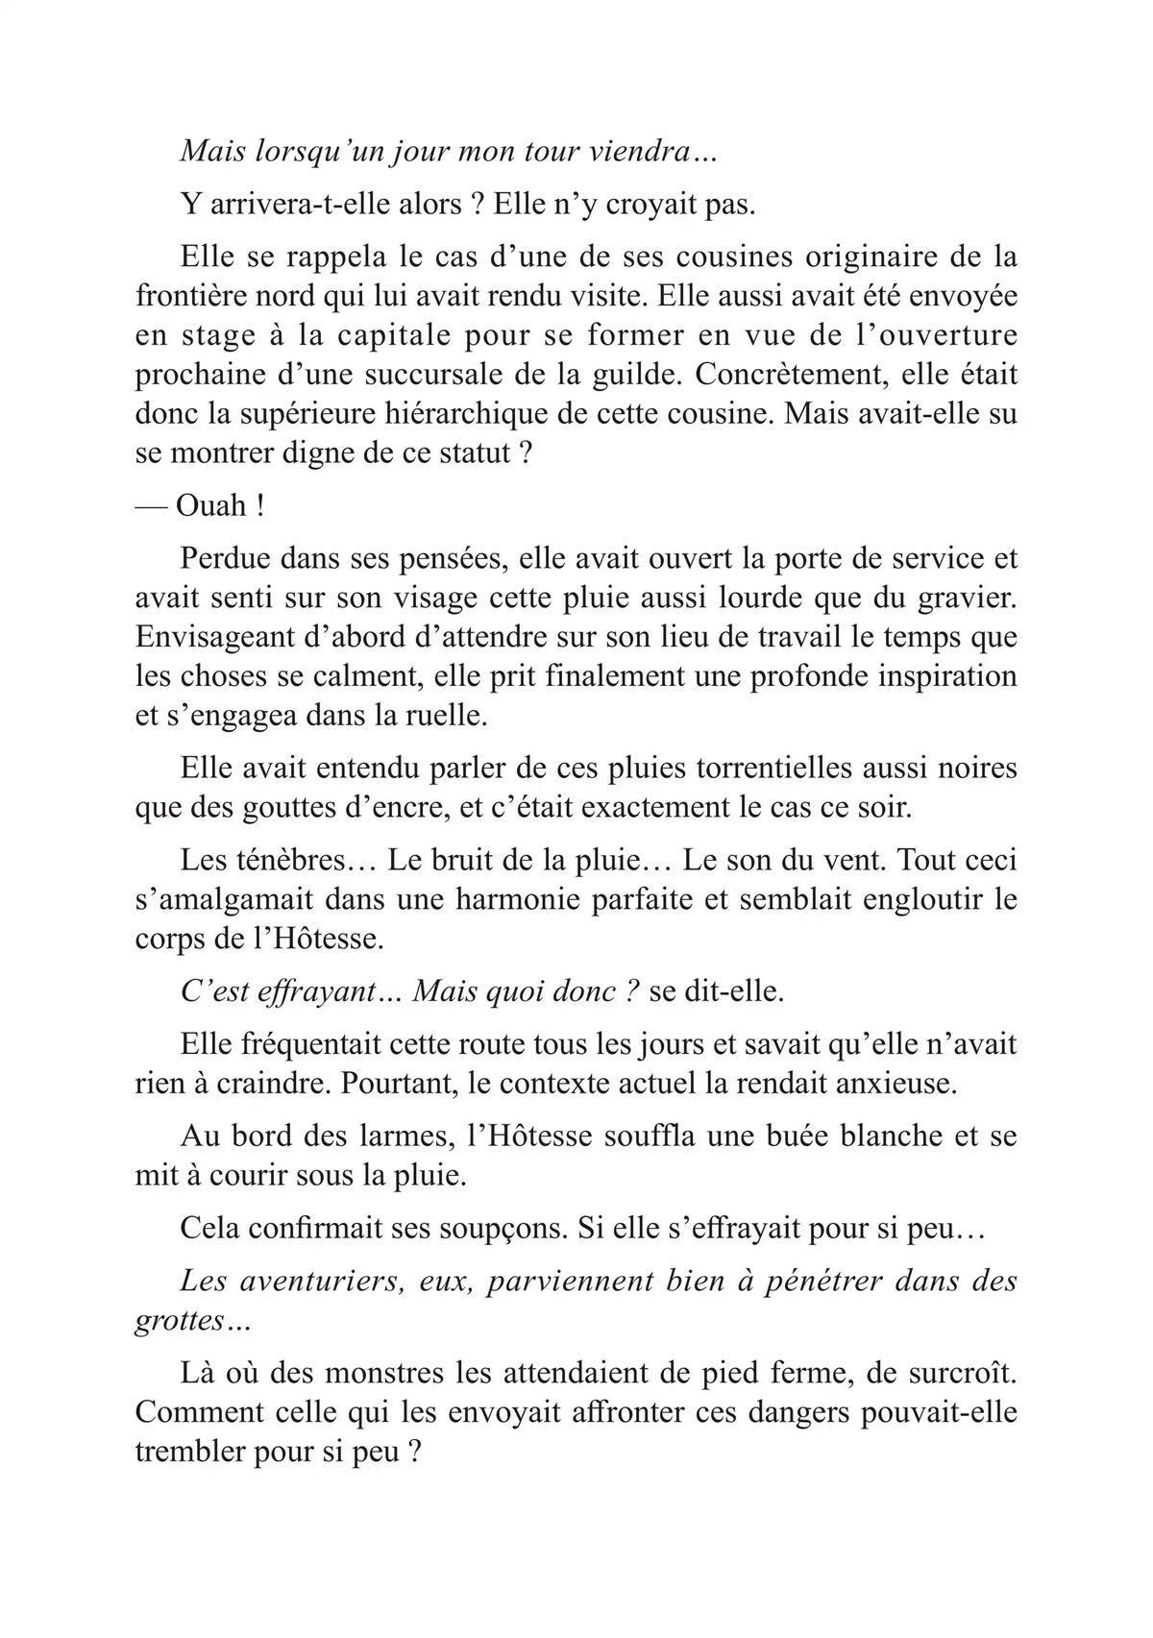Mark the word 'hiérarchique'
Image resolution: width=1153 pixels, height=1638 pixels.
[492, 413]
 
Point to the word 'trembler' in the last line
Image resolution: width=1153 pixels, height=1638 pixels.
[191, 1452]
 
